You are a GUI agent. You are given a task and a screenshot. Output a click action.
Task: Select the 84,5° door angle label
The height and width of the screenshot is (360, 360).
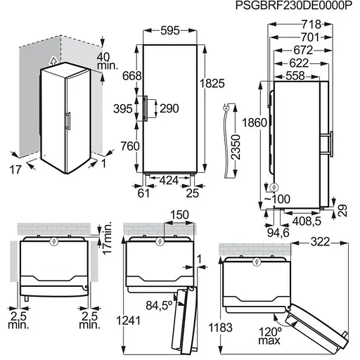click(x=159, y=307)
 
